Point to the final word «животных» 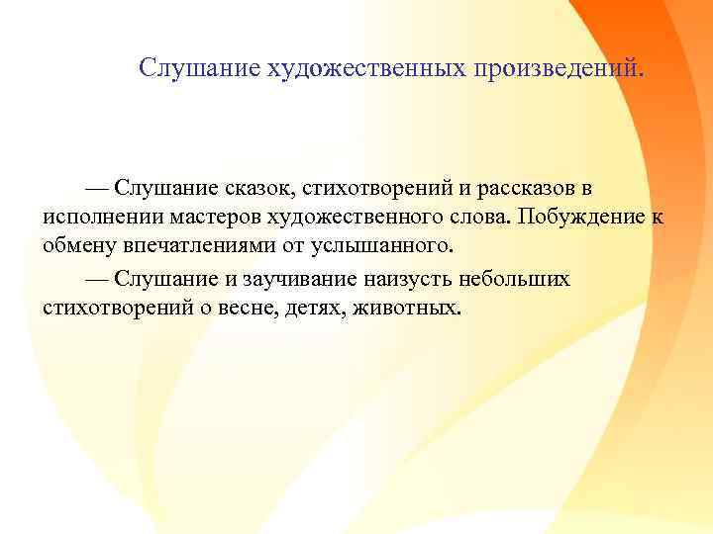pyautogui.click(x=416, y=307)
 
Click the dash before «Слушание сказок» pyautogui.click(x=96, y=187)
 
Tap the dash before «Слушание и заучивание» pyautogui.click(x=96, y=277)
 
